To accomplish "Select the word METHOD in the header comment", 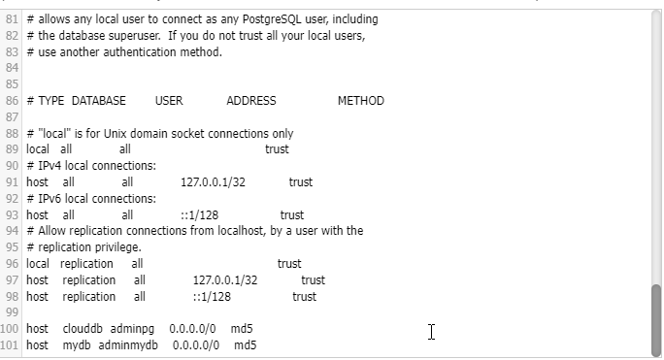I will tap(360, 101).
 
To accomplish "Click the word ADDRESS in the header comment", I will tap(250, 101).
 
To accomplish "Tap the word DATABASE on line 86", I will tap(99, 101).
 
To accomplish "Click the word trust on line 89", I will tap(277, 149).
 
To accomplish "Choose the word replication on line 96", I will tap(86, 264).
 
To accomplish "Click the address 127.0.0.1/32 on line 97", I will tap(225, 280).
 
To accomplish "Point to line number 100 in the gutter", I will tap(11, 330).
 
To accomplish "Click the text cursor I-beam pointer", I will tap(431, 333).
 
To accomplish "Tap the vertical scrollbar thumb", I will tap(655, 320).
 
